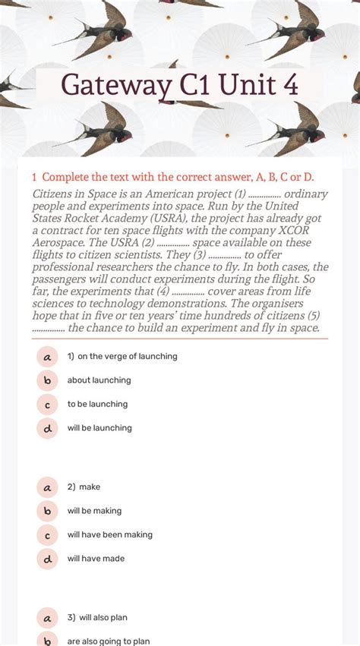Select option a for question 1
point(47,356)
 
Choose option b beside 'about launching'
point(47,380)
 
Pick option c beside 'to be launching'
point(47,405)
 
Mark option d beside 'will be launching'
point(47,428)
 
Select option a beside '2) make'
point(47,487)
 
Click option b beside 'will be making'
point(47,511)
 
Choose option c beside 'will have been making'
point(47,535)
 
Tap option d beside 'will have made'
point(47,559)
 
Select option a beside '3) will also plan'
point(47,617)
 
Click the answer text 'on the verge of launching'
point(127,356)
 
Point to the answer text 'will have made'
point(96,559)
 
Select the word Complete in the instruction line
point(68,177)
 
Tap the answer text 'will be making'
point(94,511)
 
